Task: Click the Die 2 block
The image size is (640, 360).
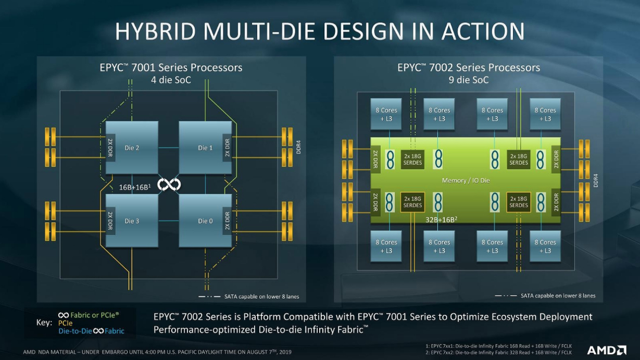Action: click(132, 147)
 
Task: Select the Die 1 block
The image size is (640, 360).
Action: click(205, 147)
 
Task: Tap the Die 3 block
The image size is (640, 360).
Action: click(132, 221)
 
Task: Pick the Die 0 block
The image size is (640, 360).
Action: click(205, 221)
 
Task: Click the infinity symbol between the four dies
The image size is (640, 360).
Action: click(169, 185)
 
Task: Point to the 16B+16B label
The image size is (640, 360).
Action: click(135, 187)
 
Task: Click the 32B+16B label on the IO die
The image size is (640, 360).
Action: click(442, 220)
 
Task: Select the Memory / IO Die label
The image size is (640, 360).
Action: click(466, 180)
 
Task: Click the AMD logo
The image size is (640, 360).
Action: click(607, 350)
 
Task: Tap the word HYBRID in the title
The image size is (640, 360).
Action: click(156, 31)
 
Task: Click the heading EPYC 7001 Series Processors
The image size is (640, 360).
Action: click(171, 68)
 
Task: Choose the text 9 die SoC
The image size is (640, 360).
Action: click(469, 80)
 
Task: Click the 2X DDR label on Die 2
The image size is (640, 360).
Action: click(110, 147)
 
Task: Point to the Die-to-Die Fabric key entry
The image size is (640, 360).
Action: click(91, 331)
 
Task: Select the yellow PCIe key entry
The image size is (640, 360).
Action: click(66, 323)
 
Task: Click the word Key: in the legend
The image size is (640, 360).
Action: click(44, 323)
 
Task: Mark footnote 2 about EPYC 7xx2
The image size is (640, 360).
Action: click(498, 353)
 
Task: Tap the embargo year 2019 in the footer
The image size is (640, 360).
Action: click(285, 352)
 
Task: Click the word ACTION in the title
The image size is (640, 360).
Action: click(483, 31)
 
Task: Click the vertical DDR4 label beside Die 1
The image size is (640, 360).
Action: click(298, 147)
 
